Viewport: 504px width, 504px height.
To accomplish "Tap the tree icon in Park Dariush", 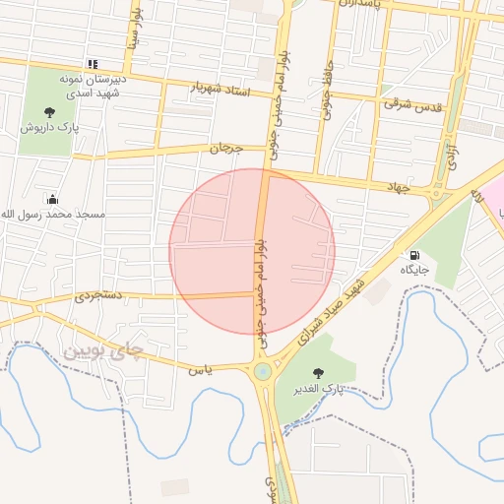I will [x=49, y=111].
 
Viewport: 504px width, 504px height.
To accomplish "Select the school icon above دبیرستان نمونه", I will [x=93, y=63].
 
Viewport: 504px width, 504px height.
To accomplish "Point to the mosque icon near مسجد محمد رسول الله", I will [x=51, y=199].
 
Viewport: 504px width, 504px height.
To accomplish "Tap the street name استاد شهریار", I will [x=221, y=89].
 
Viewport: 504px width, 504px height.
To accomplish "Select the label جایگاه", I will [x=414, y=269].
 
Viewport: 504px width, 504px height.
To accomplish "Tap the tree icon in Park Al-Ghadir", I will [x=317, y=373].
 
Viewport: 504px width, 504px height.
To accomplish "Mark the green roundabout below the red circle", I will [x=262, y=371].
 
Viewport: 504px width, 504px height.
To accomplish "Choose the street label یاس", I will [x=198, y=368].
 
